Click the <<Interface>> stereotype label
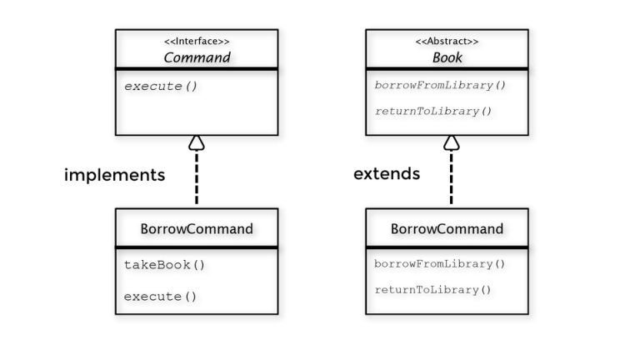coord(197,41)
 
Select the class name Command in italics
coord(197,57)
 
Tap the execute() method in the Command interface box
coord(161,86)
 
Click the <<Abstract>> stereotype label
coord(447,41)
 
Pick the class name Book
coord(447,57)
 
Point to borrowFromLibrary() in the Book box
coord(440,85)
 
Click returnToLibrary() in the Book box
coord(433,111)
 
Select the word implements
coord(114,175)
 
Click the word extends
coord(387,174)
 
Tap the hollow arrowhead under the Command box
coord(197,142)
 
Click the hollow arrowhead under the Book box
coord(451,142)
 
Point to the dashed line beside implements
coord(197,179)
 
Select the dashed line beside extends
coord(451,179)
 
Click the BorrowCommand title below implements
coord(197,228)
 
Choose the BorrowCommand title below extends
coord(447,228)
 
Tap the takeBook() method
coord(164,265)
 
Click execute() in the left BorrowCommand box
coord(161,296)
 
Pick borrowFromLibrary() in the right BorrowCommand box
coord(440,264)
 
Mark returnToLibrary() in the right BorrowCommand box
coord(433,290)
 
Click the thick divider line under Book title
coord(447,69)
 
